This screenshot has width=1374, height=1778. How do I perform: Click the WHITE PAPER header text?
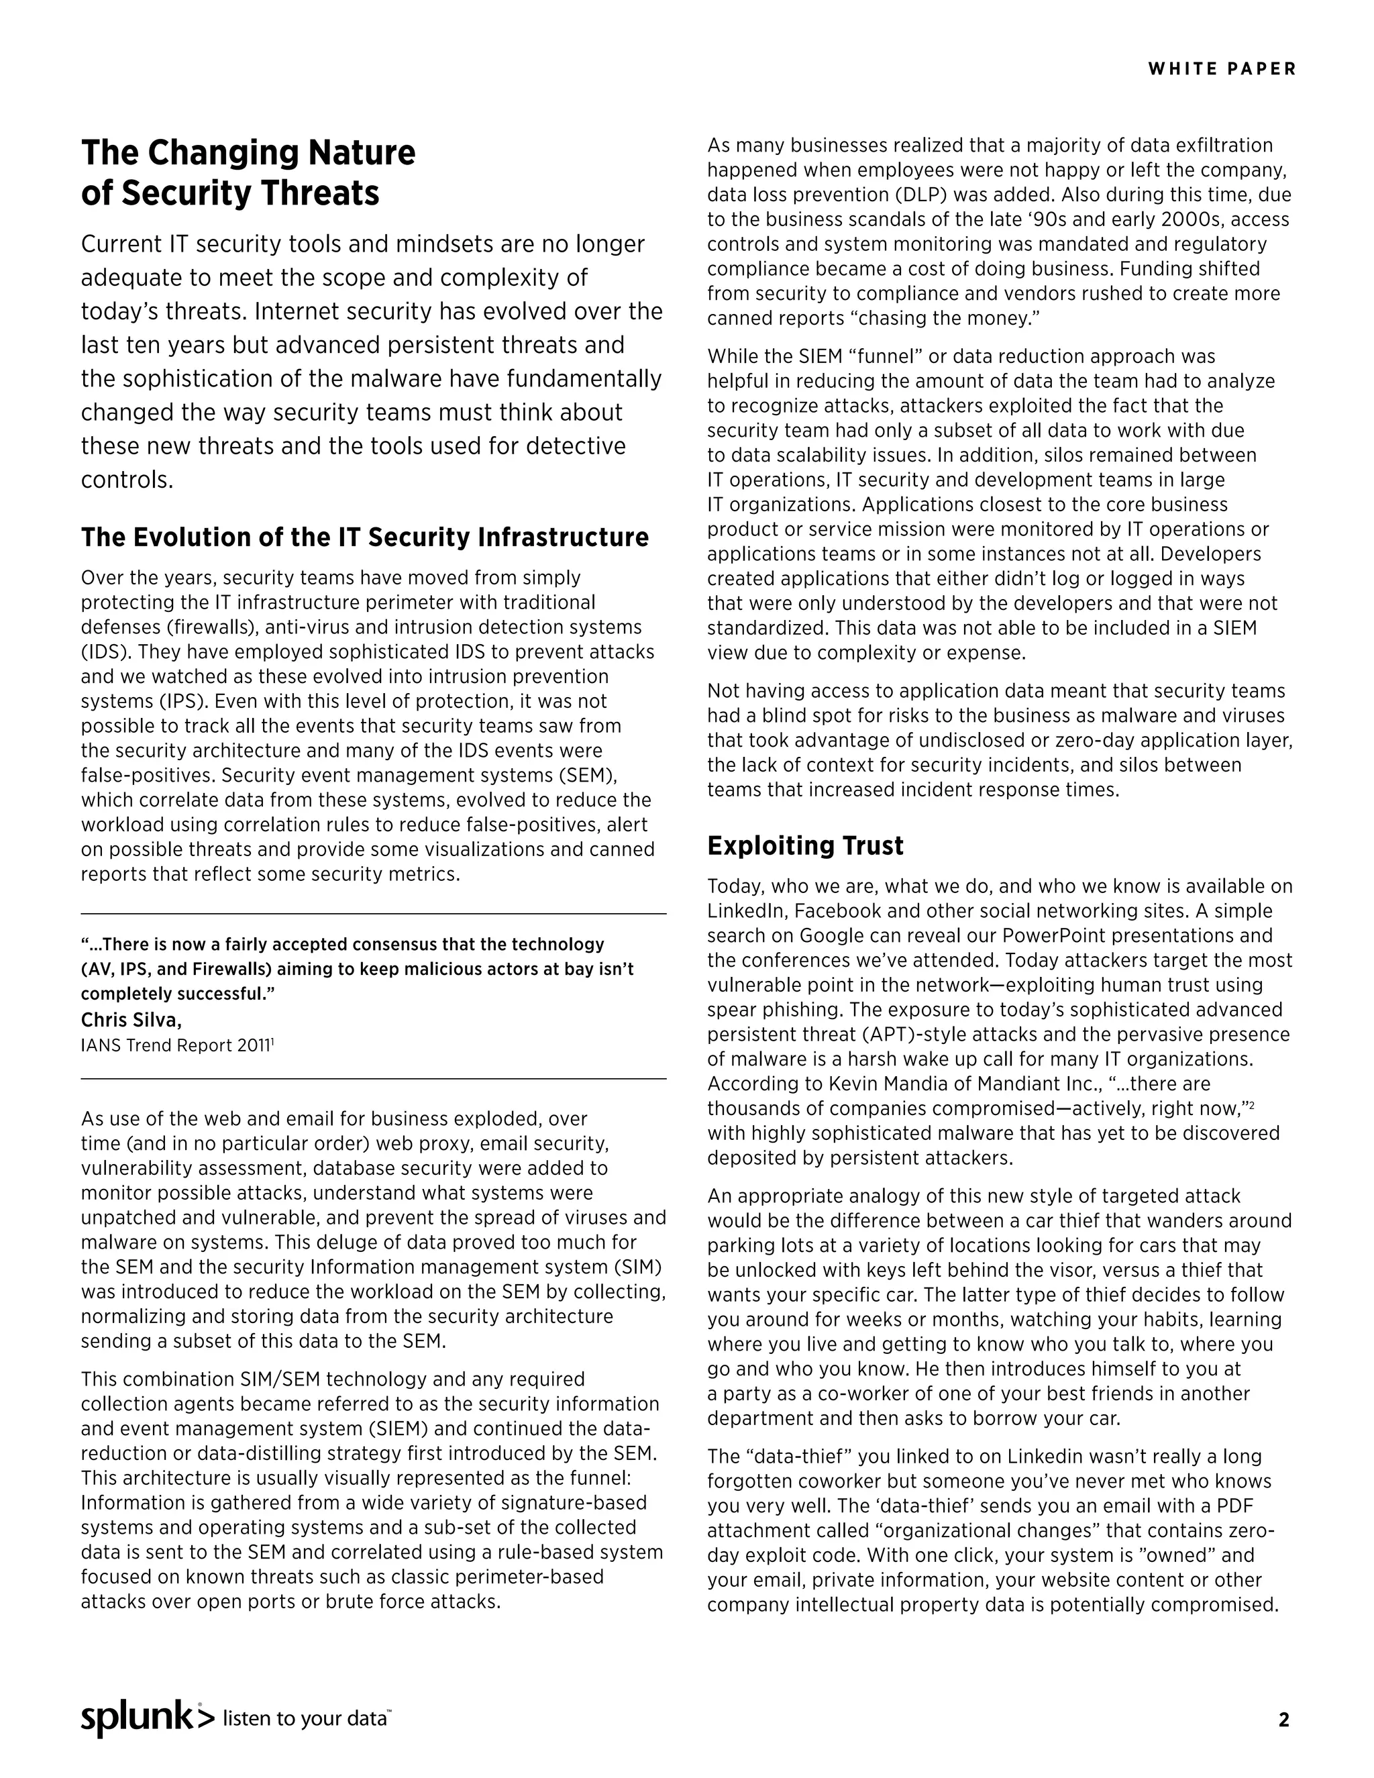pyautogui.click(x=1221, y=69)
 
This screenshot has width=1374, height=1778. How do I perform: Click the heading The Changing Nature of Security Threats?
pyautogui.click(x=248, y=172)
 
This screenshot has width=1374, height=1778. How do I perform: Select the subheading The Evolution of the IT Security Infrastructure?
pyautogui.click(x=365, y=537)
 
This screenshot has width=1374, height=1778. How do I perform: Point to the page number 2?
pyautogui.click(x=1283, y=1720)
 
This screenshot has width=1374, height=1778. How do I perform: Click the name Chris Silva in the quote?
pyautogui.click(x=130, y=1019)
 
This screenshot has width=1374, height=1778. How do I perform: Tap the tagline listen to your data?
pyautogui.click(x=305, y=1718)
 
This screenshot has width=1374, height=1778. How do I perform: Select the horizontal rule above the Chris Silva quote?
pyautogui.click(x=373, y=913)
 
